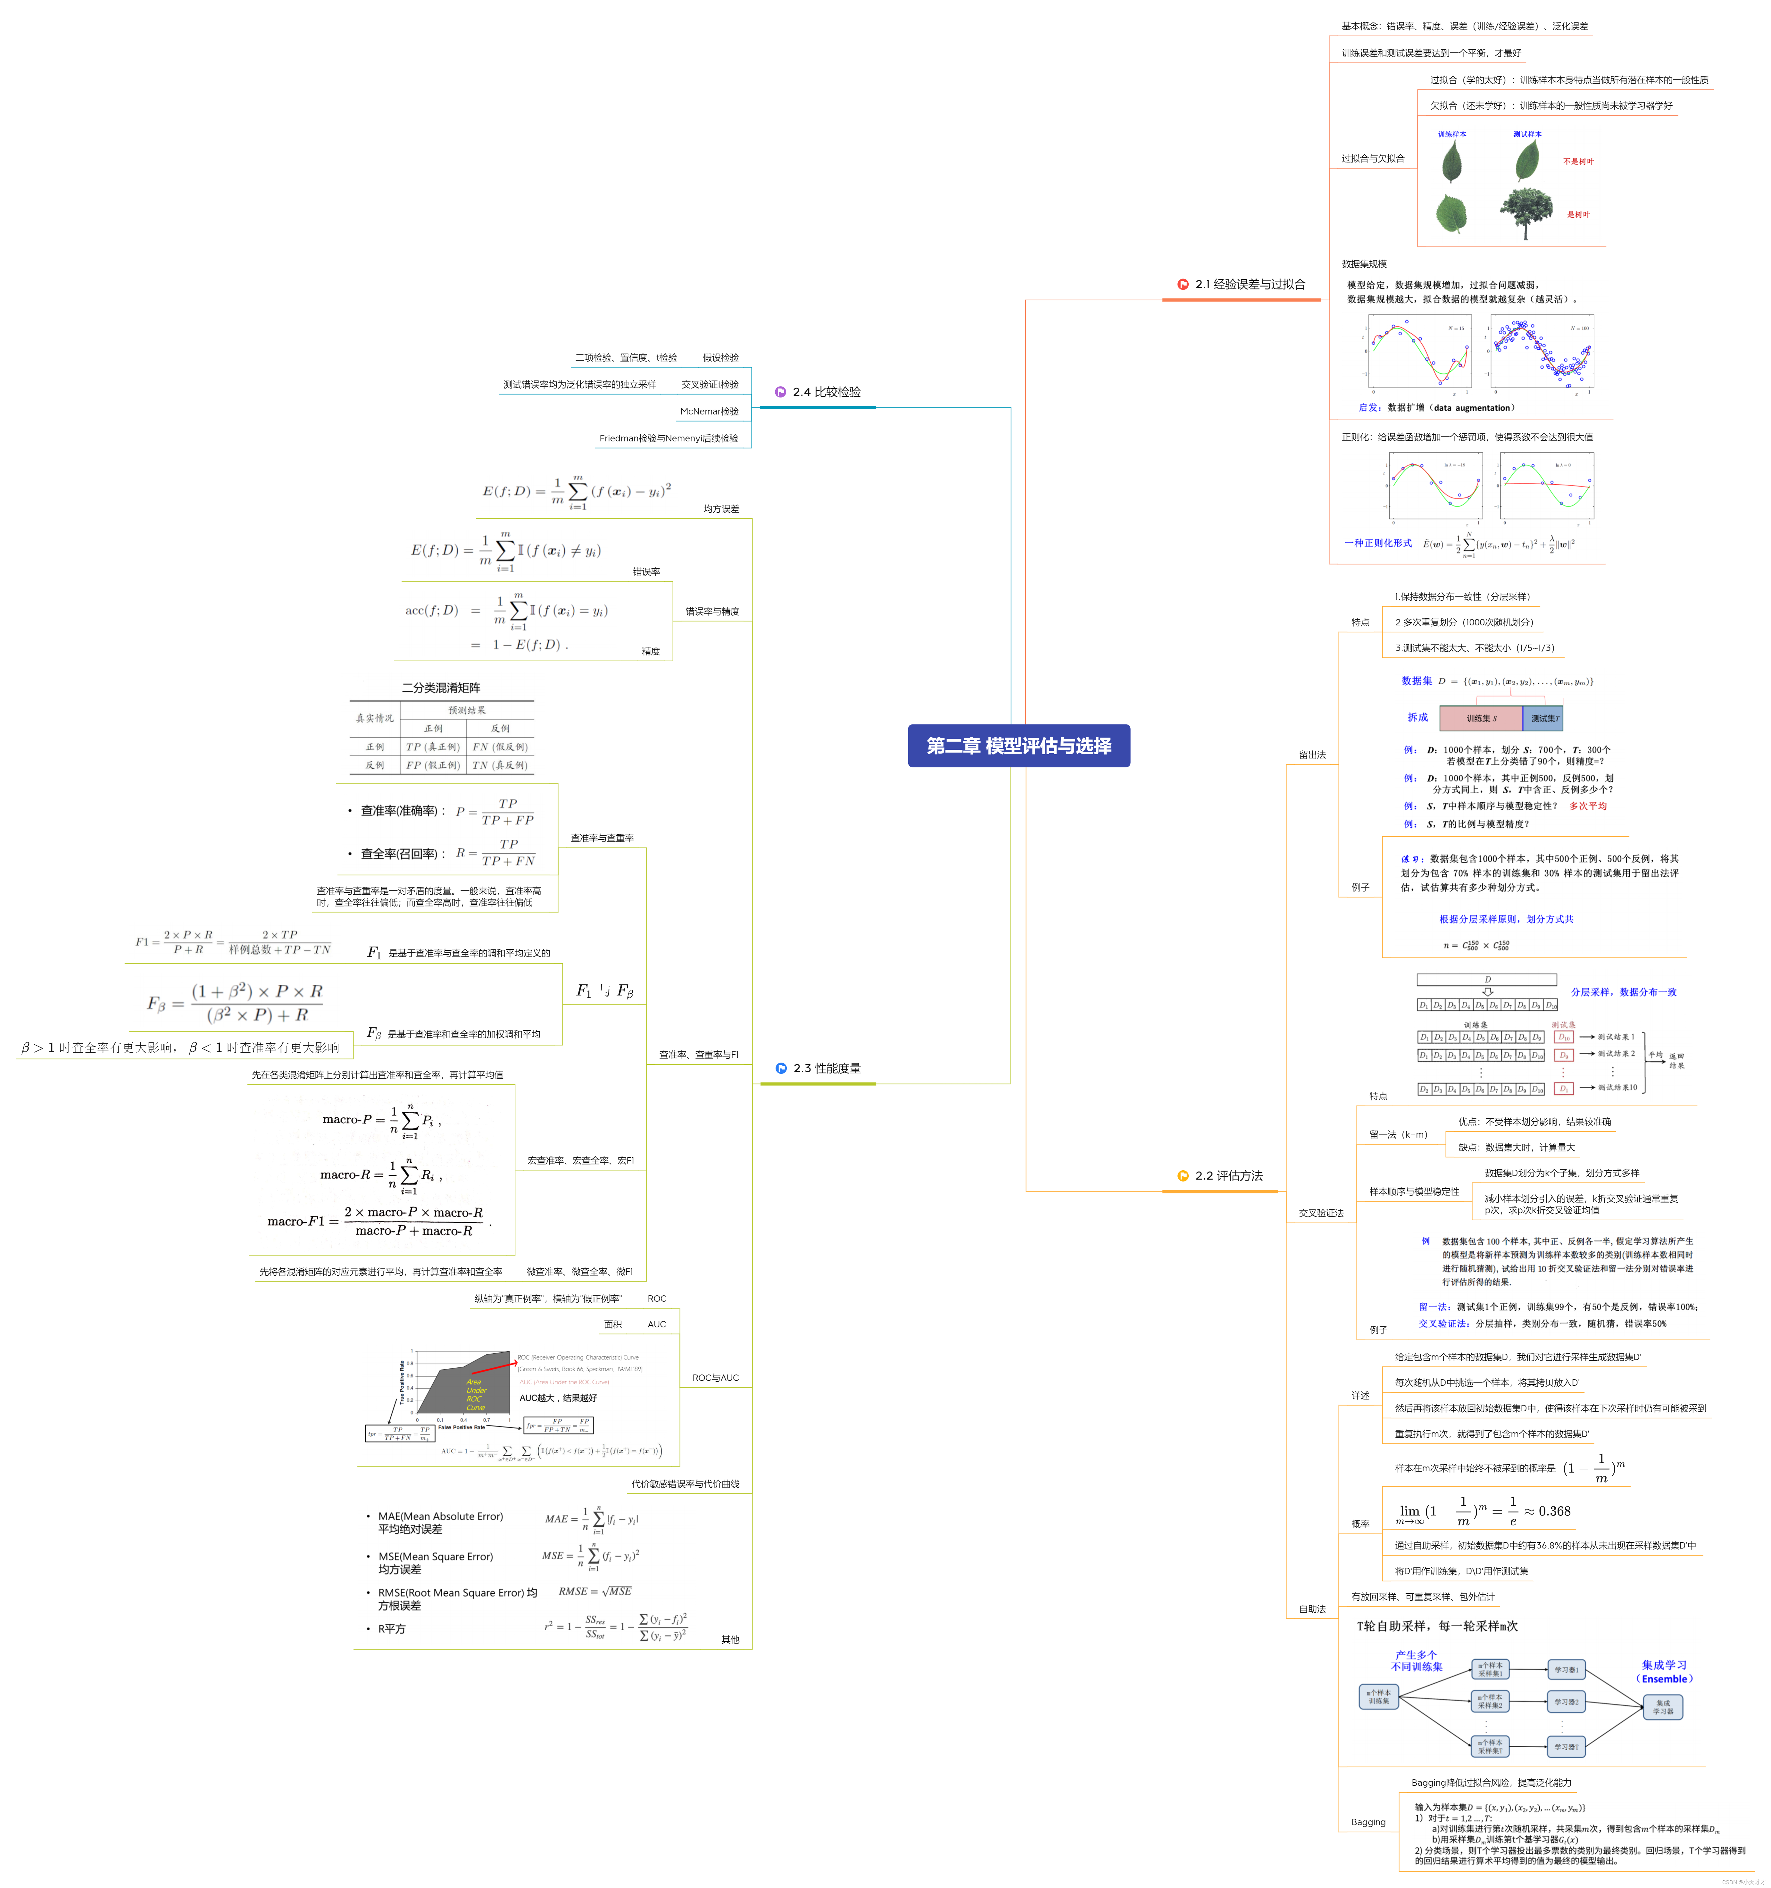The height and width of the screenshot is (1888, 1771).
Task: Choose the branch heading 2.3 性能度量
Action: tap(826, 1068)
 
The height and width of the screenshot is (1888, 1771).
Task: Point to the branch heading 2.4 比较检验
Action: tap(826, 392)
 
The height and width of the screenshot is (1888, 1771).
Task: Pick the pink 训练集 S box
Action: tap(1479, 718)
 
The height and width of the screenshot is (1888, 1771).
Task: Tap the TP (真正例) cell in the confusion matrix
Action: tap(432, 747)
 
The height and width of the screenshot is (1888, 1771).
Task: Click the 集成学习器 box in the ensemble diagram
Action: tap(1663, 1707)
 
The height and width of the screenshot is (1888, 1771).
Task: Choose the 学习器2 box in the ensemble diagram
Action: tap(1566, 1702)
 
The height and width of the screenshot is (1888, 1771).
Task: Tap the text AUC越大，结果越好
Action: tap(558, 1398)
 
